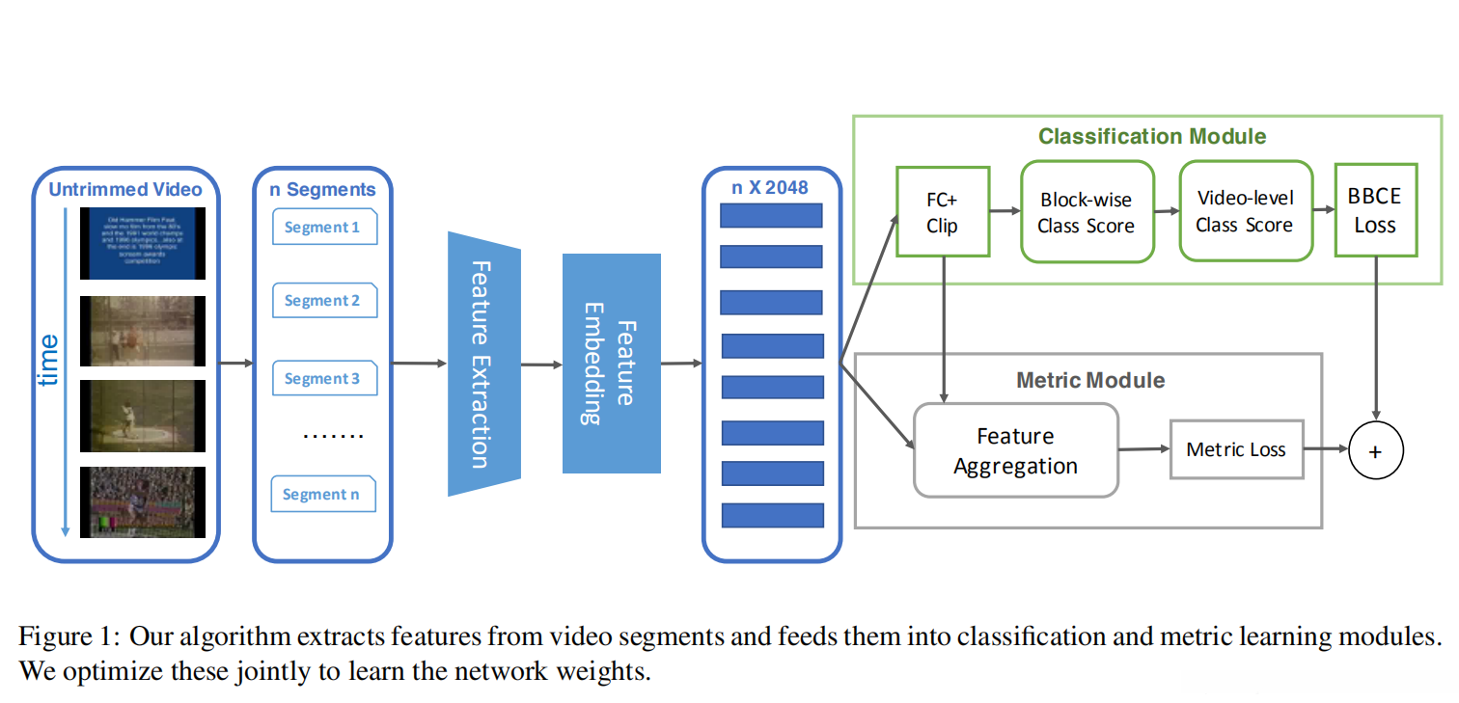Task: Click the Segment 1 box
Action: coord(324,228)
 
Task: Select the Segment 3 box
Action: coord(324,378)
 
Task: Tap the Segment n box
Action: coord(322,494)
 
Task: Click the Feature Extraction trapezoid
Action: coord(483,364)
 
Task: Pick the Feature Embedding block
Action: coord(611,364)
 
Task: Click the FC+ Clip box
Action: coord(942,212)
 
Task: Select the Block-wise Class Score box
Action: coord(1087,213)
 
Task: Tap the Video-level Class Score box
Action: coord(1245,211)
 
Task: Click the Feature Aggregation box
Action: coord(1015,450)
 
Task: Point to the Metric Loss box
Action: coord(1236,448)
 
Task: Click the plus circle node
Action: coord(1375,450)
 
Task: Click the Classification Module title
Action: coord(1152,136)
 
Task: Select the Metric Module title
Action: coord(1090,380)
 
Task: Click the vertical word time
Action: coord(48,360)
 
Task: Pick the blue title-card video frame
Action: coord(143,243)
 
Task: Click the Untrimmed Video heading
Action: coord(125,189)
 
